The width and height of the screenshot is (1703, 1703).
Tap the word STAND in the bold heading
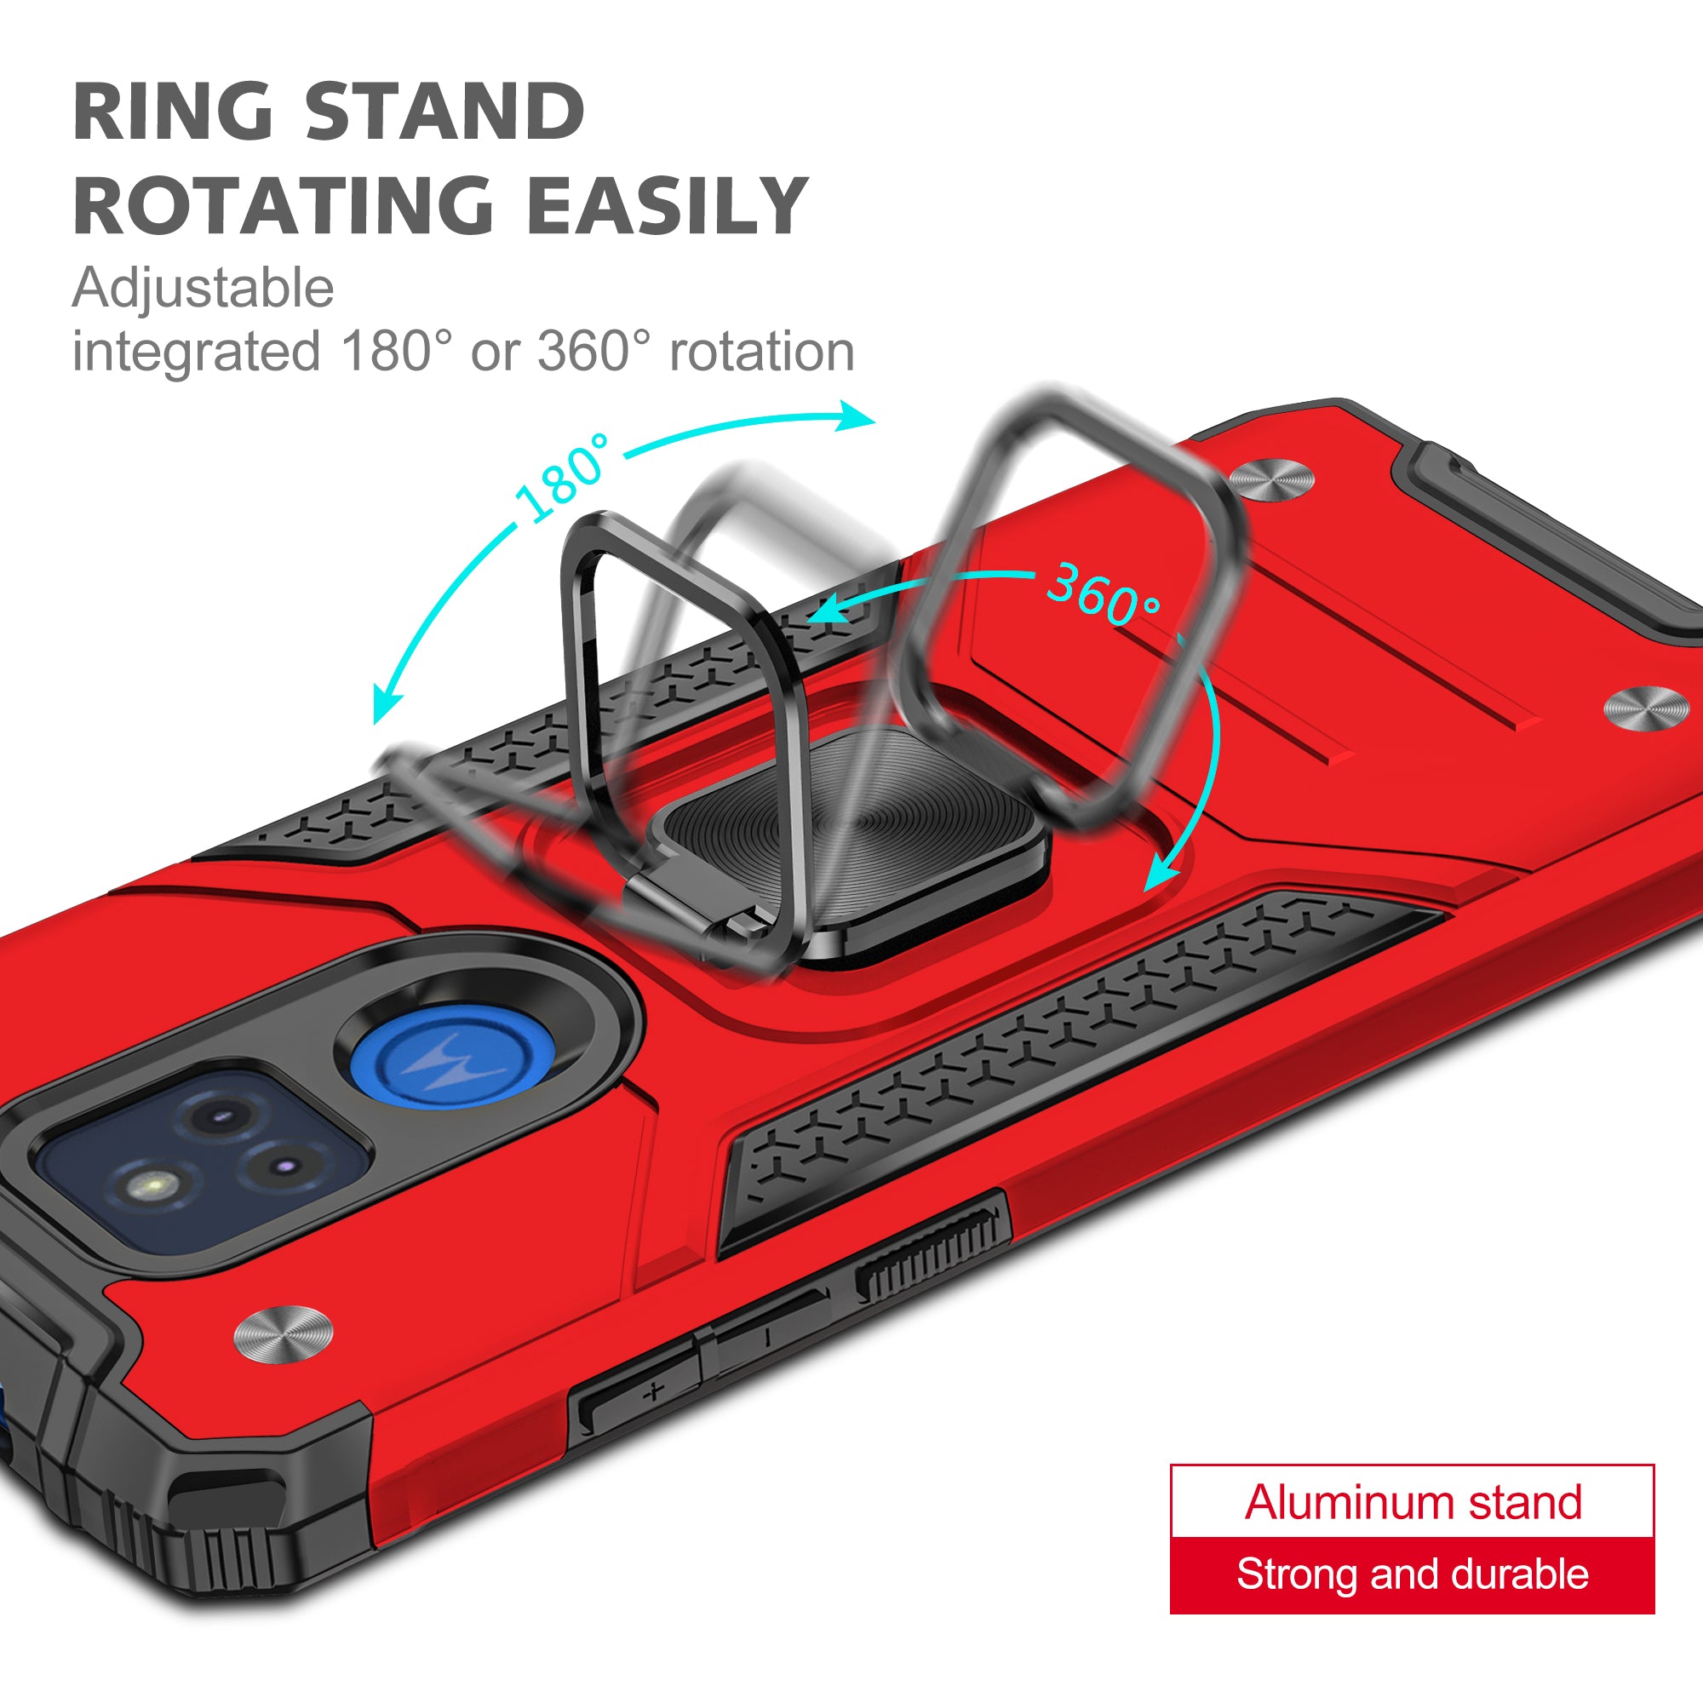click(x=445, y=111)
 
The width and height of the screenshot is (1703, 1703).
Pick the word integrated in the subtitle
click(x=196, y=352)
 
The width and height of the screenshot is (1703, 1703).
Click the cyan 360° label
click(x=1103, y=593)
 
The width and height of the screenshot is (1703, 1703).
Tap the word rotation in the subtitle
click(x=761, y=352)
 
